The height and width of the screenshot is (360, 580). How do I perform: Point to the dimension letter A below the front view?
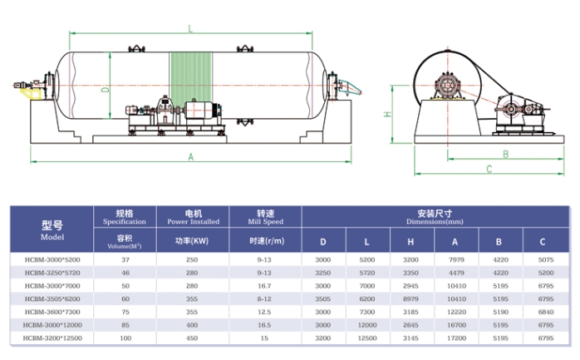coord(190,157)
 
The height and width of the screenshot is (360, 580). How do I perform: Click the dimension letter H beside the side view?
coord(387,115)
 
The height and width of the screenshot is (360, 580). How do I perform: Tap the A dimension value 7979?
coord(454,259)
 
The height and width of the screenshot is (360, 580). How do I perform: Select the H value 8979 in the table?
coord(410,298)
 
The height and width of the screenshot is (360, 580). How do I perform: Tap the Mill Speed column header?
coord(266,218)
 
